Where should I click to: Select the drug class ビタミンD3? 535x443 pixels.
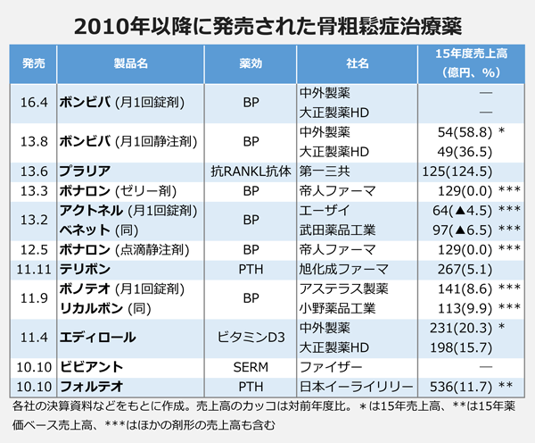pyautogui.click(x=250, y=337)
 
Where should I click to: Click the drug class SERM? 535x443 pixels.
pyautogui.click(x=250, y=367)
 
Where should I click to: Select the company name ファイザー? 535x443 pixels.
pyautogui.click(x=331, y=367)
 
